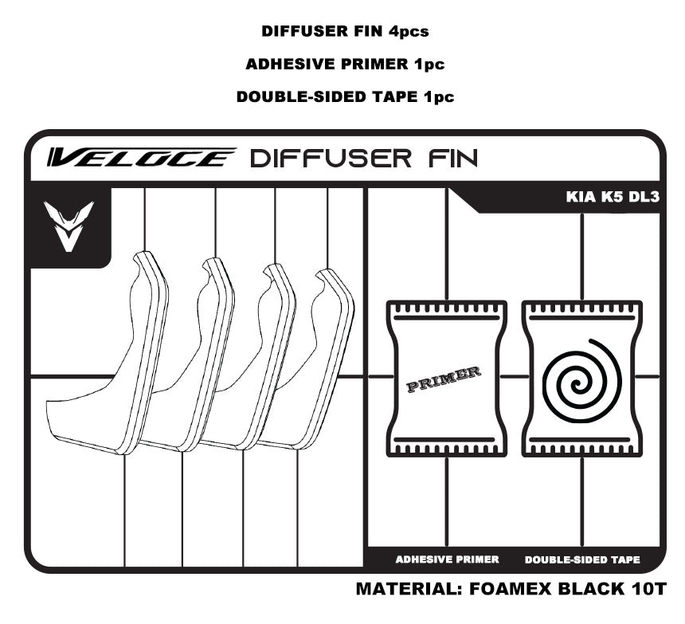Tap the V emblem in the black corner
68,226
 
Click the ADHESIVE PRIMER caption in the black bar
447,559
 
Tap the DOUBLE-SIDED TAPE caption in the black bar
582,559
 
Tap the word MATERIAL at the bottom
404,591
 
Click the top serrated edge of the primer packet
446,308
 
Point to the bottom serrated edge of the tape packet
582,449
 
